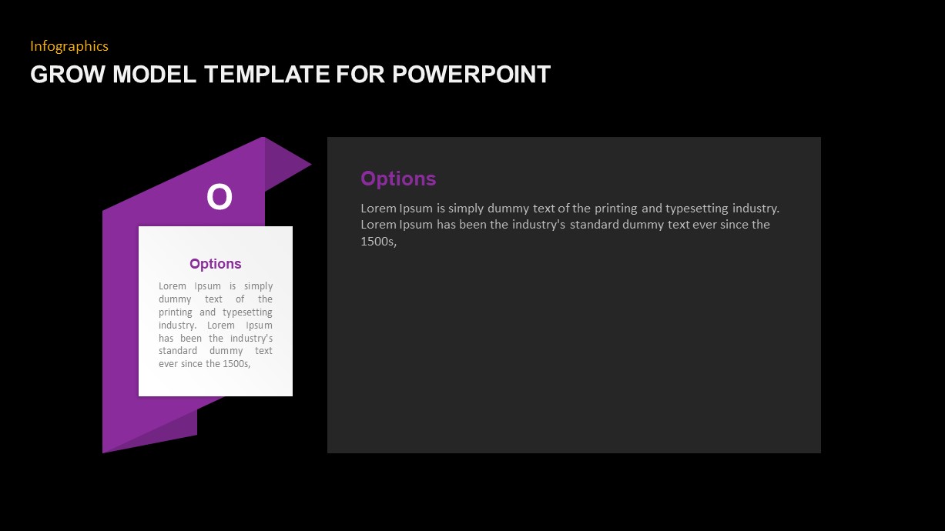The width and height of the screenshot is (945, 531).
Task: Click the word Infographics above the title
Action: pos(69,46)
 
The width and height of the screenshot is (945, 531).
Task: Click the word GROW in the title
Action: pos(68,75)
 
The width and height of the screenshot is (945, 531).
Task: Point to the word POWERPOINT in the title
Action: pos(471,75)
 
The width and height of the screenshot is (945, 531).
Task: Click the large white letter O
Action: pos(219,198)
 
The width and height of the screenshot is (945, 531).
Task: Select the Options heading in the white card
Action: pos(215,264)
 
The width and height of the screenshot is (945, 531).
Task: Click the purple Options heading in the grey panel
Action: pos(398,179)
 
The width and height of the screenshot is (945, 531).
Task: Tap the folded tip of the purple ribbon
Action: pos(289,162)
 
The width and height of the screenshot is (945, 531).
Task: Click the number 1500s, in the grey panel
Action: pos(377,242)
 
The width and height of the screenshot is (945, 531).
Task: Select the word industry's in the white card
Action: pos(251,339)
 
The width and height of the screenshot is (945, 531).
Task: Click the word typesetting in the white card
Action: pos(247,312)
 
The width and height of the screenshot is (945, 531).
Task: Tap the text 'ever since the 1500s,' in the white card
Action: pos(205,364)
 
